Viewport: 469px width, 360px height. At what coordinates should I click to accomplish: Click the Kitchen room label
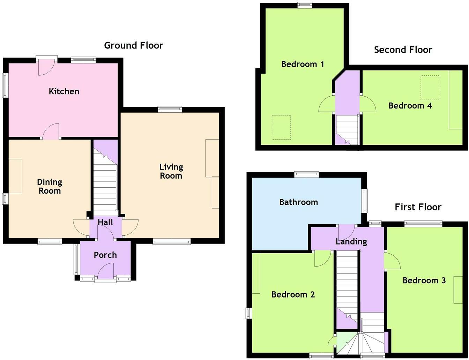point(64,91)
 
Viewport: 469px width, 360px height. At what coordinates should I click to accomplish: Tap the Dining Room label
point(50,186)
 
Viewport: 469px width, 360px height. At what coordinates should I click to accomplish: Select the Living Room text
point(171,171)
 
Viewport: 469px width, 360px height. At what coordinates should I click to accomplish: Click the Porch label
point(105,255)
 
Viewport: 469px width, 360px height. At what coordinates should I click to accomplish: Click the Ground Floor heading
point(134,45)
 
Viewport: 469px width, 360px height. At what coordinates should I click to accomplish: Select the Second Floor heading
point(403,50)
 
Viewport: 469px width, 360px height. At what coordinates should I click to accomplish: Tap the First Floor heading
point(418,207)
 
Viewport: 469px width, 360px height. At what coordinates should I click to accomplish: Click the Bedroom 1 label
point(303,64)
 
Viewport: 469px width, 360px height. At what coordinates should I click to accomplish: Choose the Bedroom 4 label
point(410,106)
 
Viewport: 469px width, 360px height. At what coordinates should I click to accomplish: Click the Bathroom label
point(298,202)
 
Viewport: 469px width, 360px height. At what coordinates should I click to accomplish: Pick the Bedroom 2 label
point(293,294)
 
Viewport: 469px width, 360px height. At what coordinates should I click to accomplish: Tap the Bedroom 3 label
point(424,280)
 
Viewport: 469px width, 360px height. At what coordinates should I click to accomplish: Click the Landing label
point(351,241)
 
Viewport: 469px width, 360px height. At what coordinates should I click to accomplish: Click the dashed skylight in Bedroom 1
point(281,127)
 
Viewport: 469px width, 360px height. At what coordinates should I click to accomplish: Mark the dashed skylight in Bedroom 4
point(430,88)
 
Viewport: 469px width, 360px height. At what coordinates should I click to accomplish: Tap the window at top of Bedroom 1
point(305,5)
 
